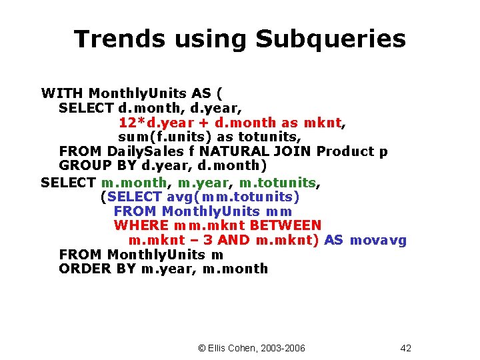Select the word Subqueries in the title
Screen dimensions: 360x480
(331, 39)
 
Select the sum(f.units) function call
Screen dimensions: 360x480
(169, 137)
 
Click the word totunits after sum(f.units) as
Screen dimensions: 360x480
(269, 137)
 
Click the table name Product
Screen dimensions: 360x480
(347, 151)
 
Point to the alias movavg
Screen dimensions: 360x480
(378, 241)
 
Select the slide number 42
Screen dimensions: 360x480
(406, 348)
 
